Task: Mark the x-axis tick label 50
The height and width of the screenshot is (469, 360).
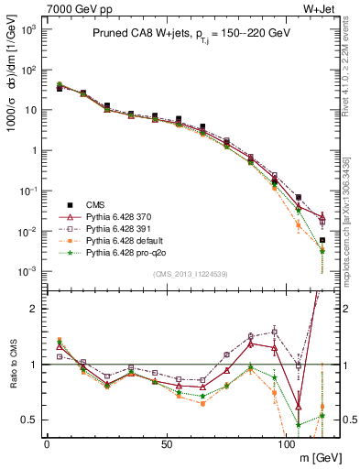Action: [167, 442]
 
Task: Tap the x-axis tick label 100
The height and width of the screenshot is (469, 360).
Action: [286, 442]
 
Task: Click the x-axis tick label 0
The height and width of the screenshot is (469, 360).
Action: [47, 442]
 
